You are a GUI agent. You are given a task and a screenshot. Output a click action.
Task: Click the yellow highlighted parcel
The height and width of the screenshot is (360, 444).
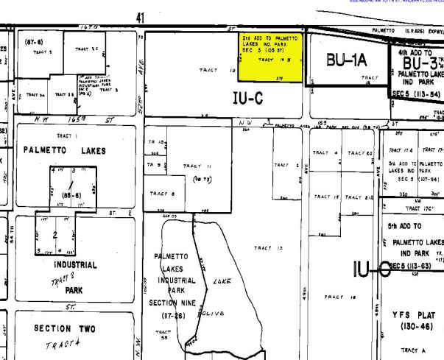[x=272, y=58]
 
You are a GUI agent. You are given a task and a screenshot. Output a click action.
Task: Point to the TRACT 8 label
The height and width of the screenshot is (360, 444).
[x=162, y=194]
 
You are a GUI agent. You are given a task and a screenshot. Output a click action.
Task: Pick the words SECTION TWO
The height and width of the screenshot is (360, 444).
[x=63, y=328]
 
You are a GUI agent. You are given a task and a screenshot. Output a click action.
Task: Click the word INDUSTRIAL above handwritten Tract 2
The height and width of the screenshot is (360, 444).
[x=73, y=264]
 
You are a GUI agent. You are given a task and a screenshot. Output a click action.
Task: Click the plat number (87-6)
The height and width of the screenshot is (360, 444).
[x=33, y=42]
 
